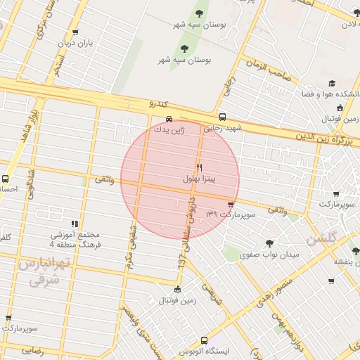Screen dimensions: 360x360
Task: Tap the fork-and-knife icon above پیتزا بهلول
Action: tap(199, 167)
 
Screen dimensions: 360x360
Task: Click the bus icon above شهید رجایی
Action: tap(222, 117)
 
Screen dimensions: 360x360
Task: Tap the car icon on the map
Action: tap(169, 118)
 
